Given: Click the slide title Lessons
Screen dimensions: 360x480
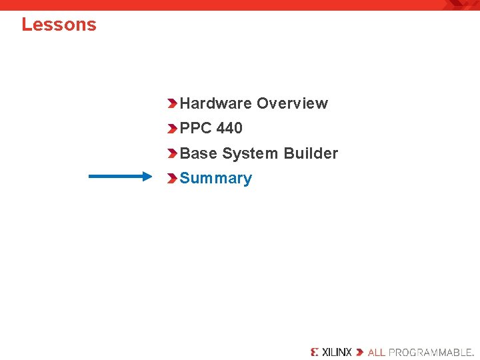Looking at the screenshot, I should click(x=59, y=25).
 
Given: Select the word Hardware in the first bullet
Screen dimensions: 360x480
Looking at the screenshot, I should click(x=216, y=103).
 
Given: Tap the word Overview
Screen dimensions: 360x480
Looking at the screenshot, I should click(x=292, y=103).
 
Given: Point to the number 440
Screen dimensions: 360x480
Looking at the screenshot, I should click(x=229, y=128).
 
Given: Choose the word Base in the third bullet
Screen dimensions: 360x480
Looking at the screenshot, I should click(x=198, y=153).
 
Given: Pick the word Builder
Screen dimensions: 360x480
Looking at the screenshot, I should click(x=311, y=153).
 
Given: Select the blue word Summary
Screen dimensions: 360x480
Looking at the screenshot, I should click(x=216, y=179).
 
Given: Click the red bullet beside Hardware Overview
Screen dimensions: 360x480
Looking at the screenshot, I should click(x=172, y=103).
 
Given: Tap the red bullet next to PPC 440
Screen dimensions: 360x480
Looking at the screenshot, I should click(x=172, y=128).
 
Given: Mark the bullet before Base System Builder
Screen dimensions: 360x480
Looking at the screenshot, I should click(x=172, y=153).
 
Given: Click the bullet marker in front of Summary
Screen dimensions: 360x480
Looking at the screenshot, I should click(x=172, y=179).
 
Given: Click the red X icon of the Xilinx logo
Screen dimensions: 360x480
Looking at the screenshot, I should click(x=315, y=352).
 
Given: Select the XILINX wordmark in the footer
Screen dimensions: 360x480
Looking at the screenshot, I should click(x=337, y=352).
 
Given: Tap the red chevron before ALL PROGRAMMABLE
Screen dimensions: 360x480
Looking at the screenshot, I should click(x=360, y=352).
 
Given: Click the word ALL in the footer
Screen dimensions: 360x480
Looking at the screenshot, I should click(x=376, y=352).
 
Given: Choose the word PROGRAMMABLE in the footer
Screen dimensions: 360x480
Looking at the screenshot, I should click(x=430, y=352).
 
